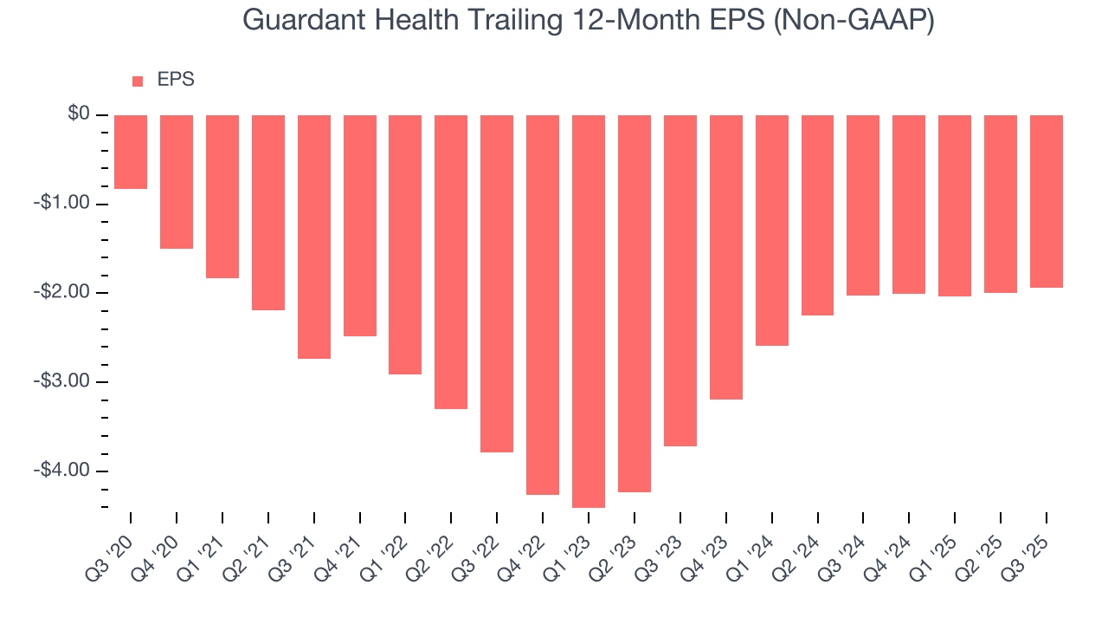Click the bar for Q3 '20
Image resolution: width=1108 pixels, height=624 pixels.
click(131, 152)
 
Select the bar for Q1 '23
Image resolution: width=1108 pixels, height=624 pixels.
click(589, 311)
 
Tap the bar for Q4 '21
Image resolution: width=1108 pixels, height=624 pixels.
click(360, 225)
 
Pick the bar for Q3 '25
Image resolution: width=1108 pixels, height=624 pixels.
click(1047, 201)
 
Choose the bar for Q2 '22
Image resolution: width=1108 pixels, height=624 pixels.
click(451, 262)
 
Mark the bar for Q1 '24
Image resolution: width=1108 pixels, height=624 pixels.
click(772, 231)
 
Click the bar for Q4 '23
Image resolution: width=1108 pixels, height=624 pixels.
click(726, 257)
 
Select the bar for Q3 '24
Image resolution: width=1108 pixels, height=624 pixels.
click(863, 205)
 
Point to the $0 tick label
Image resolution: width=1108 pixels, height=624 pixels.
click(80, 114)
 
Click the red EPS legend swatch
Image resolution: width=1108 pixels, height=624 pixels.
click(138, 81)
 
